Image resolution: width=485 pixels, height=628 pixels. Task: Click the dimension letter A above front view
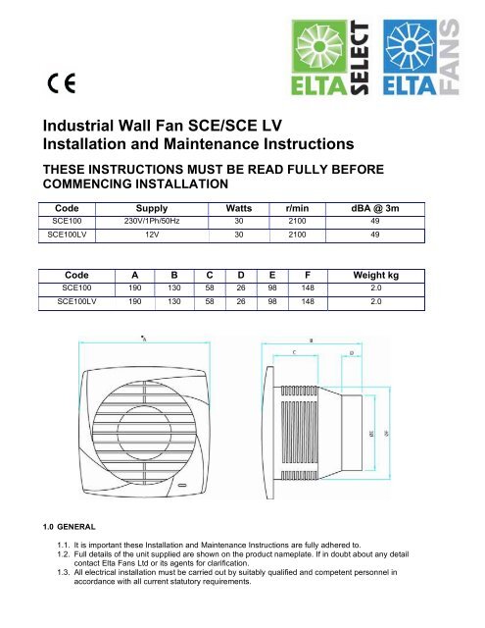point(144,338)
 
